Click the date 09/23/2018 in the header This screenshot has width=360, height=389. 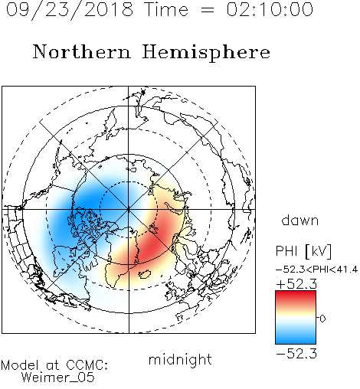pos(70,10)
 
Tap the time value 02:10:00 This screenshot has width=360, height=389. pos(270,9)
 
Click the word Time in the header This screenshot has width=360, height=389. pos(166,9)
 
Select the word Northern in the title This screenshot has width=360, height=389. pos(82,52)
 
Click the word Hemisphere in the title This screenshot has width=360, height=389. pos(206,53)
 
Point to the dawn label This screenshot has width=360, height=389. pos(300,220)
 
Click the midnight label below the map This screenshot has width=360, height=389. pos(180,359)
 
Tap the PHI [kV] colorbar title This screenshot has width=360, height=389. pos(303,251)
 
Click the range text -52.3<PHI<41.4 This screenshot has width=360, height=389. pos(316,270)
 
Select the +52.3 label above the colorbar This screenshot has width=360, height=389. pos(296,284)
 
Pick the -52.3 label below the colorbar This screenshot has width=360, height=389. pos(296,354)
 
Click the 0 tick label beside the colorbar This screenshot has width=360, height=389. pos(322,319)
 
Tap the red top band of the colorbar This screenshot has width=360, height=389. pos(296,297)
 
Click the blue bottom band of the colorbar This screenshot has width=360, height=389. pos(296,338)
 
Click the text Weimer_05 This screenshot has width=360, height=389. pos(58,378)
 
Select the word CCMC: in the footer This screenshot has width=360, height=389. pos(87,365)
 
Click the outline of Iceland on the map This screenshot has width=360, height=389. pos(145,274)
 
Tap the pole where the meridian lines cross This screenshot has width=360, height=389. pos(129,209)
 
